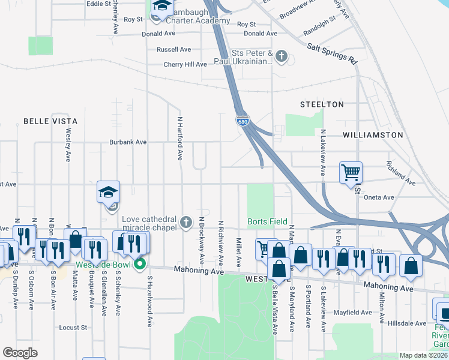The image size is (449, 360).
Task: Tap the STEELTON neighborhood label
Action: click(x=322, y=104)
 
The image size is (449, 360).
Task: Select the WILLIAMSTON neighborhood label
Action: click(x=373, y=135)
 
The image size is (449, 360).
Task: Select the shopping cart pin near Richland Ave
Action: click(x=351, y=173)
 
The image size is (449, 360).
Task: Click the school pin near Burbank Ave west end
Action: click(x=109, y=193)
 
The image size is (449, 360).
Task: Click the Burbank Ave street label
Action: click(x=128, y=143)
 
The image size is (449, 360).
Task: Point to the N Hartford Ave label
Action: click(x=179, y=139)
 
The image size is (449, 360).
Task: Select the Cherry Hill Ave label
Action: click(x=185, y=64)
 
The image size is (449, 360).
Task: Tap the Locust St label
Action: click(x=74, y=328)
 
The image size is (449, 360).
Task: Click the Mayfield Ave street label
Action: click(x=354, y=313)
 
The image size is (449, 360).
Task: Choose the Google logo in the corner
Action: click(x=20, y=352)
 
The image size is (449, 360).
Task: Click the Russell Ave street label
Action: click(x=173, y=49)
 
